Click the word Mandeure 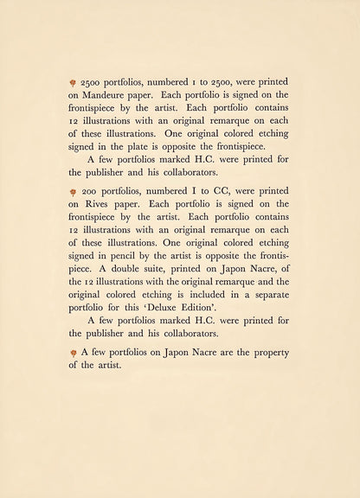click(x=107, y=94)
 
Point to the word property click(x=266, y=352)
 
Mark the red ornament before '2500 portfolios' click(x=74, y=81)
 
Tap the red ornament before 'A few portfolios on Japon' click(x=74, y=352)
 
